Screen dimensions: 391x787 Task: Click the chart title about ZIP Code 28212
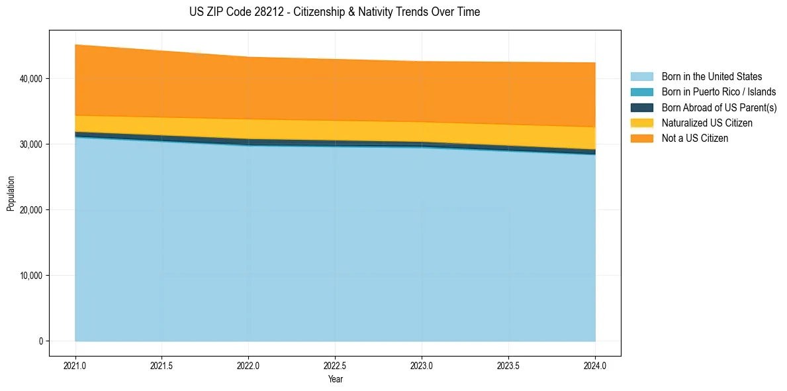pyautogui.click(x=335, y=12)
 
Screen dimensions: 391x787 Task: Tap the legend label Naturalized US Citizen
pyautogui.click(x=707, y=123)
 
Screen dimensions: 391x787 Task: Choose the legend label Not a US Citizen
pyautogui.click(x=695, y=139)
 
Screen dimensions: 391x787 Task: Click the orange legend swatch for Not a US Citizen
pyautogui.click(x=641, y=139)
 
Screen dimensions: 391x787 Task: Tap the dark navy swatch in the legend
pyautogui.click(x=641, y=107)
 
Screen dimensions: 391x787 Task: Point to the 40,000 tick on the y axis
pyautogui.click(x=30, y=79)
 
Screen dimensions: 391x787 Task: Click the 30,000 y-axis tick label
pyautogui.click(x=30, y=144)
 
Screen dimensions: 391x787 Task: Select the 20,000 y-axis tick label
pyautogui.click(x=30, y=210)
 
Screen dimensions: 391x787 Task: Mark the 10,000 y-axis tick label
pyautogui.click(x=30, y=276)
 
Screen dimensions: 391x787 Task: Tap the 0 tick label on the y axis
pyautogui.click(x=40, y=341)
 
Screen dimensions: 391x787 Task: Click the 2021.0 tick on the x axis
pyautogui.click(x=75, y=365)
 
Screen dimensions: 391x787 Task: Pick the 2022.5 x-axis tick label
pyautogui.click(x=335, y=365)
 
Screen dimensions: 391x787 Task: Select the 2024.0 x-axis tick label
pyautogui.click(x=595, y=365)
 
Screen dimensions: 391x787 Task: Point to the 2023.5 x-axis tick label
pyautogui.click(x=508, y=365)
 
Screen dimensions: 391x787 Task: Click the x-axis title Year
pyautogui.click(x=335, y=380)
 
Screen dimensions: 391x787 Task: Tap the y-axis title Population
pyautogui.click(x=11, y=194)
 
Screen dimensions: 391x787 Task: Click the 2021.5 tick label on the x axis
pyautogui.click(x=162, y=365)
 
